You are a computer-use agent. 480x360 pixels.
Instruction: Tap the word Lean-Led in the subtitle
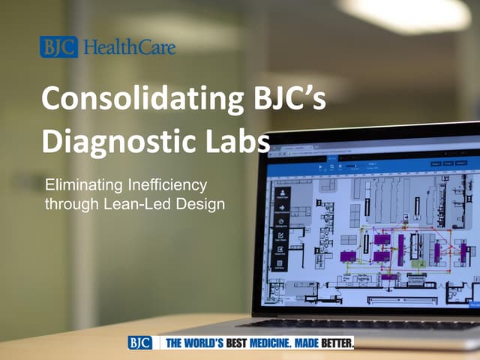pos(140,202)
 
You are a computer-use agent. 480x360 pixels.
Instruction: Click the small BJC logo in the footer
pos(139,343)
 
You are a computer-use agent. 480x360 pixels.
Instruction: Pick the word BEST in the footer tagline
pos(242,343)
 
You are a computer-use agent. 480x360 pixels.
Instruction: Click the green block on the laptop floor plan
pos(417,262)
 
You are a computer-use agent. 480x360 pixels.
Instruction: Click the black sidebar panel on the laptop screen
pos(281,225)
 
